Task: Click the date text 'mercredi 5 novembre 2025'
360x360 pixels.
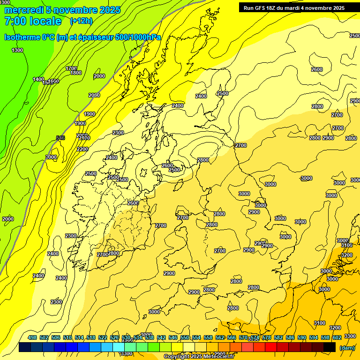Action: click(62, 10)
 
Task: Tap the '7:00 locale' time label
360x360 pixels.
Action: click(32, 21)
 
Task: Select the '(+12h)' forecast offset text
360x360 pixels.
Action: click(81, 21)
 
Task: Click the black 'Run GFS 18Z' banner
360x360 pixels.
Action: click(294, 8)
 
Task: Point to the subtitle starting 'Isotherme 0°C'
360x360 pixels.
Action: click(82, 37)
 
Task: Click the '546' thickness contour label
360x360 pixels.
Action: click(60, 138)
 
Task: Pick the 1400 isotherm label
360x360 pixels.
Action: click(38, 79)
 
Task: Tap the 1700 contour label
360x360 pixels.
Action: click(71, 68)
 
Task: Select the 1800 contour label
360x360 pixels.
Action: click(76, 73)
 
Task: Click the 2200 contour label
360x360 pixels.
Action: click(82, 149)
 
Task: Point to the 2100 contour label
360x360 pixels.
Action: click(84, 138)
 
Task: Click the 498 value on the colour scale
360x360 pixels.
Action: click(32, 337)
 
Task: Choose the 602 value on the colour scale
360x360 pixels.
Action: click(337, 337)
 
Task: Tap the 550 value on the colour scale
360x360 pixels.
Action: click(185, 337)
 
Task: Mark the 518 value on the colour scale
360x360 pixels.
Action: click(91, 337)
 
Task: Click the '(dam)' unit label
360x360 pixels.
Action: click(347, 347)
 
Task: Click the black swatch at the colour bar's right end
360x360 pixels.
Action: click(330, 347)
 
